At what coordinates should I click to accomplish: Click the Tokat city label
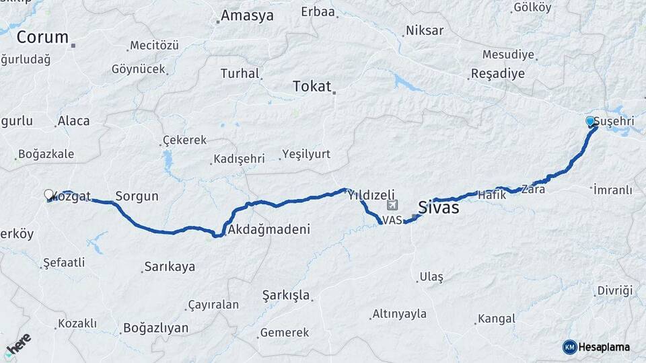tap(312, 86)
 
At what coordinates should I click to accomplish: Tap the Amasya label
tap(247, 15)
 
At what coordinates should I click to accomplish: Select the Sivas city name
tap(438, 207)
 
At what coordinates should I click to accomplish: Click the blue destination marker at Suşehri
tap(590, 122)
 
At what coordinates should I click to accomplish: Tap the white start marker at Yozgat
tap(48, 194)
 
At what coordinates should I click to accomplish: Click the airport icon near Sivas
tap(393, 206)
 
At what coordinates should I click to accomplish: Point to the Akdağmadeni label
tap(268, 230)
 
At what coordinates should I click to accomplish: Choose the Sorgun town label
tap(137, 196)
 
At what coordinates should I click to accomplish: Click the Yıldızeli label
tap(371, 195)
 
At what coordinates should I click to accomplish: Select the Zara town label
tap(533, 190)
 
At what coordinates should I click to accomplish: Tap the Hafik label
tap(491, 194)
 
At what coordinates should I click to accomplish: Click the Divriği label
tap(614, 291)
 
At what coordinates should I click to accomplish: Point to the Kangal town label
tap(497, 319)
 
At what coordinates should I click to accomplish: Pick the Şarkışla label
tap(285, 295)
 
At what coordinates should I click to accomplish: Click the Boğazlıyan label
tap(155, 329)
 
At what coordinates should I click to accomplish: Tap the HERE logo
tap(18, 344)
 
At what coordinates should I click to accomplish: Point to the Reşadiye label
tap(497, 73)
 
